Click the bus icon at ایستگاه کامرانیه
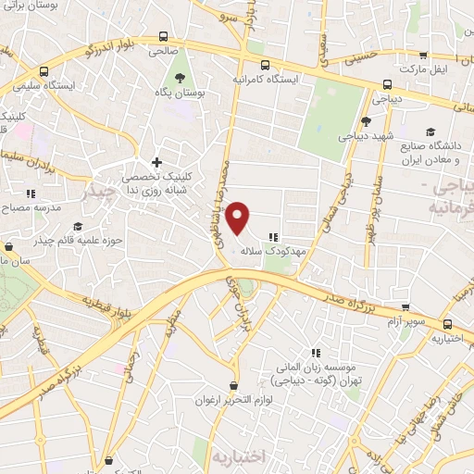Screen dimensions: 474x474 pos(267,65)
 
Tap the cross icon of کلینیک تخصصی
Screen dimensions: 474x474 pos(156,163)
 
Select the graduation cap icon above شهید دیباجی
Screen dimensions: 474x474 pos(366,121)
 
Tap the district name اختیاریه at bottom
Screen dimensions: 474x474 pos(238,456)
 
